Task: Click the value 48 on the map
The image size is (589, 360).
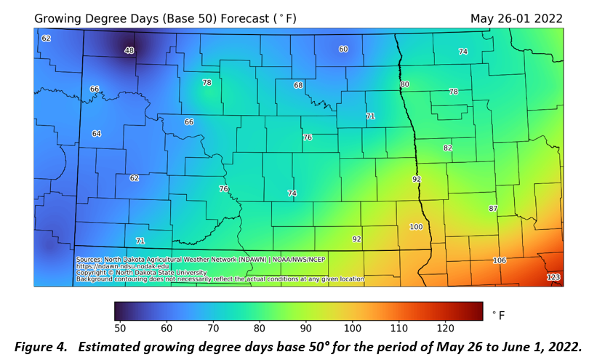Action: [x=129, y=50]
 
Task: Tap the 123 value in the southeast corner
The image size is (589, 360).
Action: [x=553, y=278]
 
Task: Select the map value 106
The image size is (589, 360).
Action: [x=499, y=260]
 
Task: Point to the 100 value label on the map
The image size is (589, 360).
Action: [x=416, y=227]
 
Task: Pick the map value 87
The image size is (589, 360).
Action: [x=493, y=209]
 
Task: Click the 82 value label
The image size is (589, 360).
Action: [x=447, y=148]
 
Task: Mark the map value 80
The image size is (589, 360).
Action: [x=404, y=84]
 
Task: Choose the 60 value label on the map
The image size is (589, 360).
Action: [x=343, y=49]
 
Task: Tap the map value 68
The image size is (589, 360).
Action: [x=298, y=85]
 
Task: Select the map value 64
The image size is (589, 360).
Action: [x=97, y=134]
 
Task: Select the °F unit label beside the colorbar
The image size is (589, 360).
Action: [x=498, y=315]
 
